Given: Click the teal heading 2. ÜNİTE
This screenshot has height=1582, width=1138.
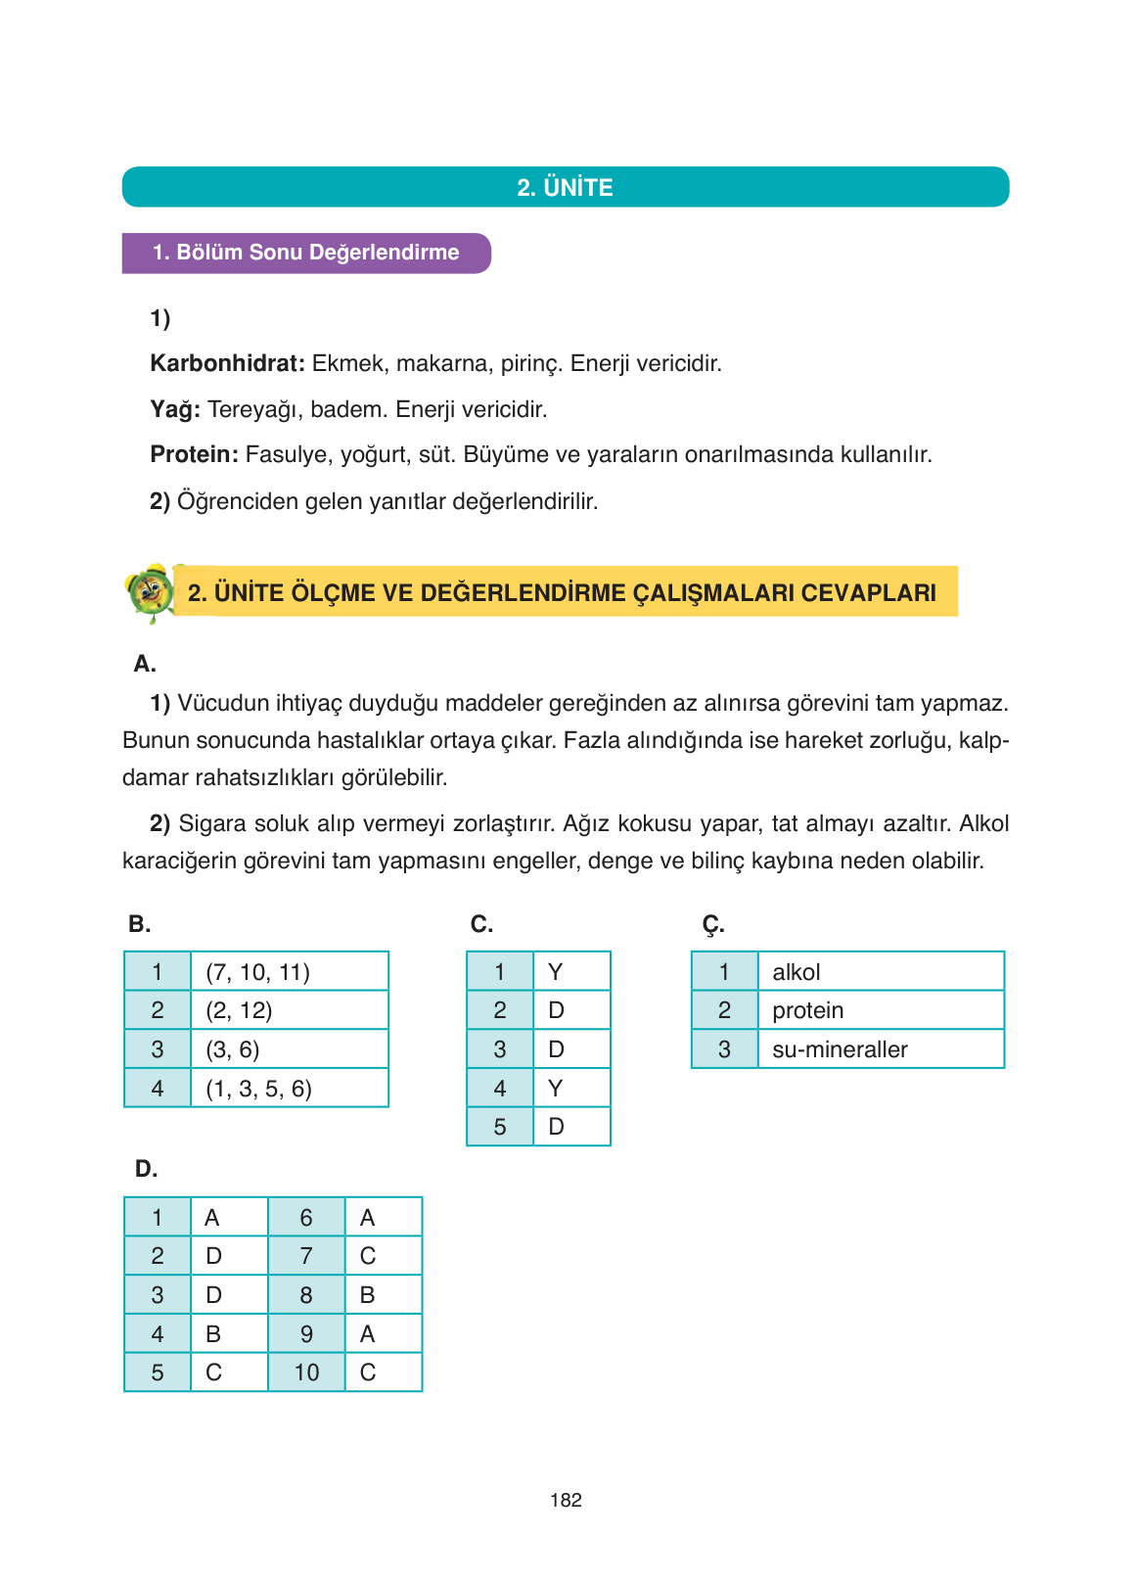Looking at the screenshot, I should point(565,187).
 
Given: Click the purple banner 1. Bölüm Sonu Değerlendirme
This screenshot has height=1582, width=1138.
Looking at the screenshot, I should point(305,253).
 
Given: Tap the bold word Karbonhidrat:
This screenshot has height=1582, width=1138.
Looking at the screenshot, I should point(227,364).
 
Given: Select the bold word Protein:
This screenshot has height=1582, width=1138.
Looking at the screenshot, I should point(194,455).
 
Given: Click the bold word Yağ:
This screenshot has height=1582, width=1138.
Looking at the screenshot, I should point(175,409).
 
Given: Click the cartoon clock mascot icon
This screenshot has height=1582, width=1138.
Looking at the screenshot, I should point(150,591).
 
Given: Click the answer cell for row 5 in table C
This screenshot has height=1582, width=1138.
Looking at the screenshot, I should point(570,1127).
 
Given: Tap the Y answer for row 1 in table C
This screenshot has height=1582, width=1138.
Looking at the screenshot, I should point(570,972).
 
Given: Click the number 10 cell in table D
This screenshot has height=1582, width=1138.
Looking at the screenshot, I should point(306,1373).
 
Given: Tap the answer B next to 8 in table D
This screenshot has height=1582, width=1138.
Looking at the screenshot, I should point(383,1295).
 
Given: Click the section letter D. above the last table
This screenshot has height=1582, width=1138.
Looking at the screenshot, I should point(146,1169).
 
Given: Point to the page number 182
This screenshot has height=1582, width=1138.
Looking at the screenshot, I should point(566,1500).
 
